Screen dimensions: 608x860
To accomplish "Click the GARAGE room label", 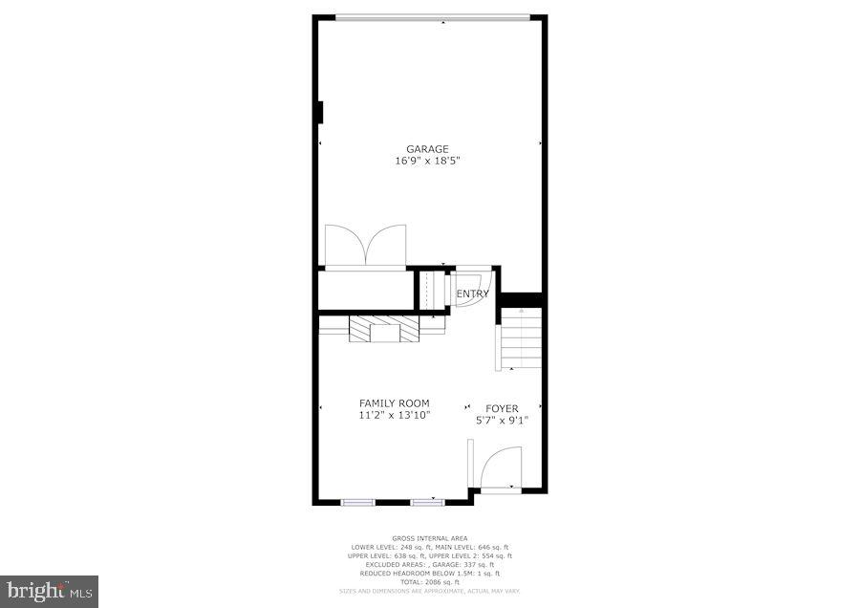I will (427, 149).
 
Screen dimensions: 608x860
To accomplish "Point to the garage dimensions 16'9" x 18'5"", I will (427, 162).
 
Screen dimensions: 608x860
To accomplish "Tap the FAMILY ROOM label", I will (394, 403).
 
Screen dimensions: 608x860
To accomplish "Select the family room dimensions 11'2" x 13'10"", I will (394, 416).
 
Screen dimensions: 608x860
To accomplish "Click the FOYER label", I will (502, 408).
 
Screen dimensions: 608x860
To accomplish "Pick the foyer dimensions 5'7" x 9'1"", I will (502, 420).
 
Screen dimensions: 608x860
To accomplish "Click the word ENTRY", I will (473, 293).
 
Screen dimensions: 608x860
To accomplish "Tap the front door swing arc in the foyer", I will (501, 467).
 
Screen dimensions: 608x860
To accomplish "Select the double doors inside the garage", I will (365, 245).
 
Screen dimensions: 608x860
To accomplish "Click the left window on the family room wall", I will (358, 501).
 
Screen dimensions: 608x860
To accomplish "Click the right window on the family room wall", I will (427, 501).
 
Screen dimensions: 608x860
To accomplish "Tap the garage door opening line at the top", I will (432, 16).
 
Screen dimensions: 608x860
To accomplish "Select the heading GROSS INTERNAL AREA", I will (429, 538).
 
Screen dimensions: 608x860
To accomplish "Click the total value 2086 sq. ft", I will (441, 581).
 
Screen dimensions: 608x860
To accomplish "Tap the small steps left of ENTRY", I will (435, 290).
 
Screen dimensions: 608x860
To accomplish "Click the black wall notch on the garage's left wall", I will (320, 113).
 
